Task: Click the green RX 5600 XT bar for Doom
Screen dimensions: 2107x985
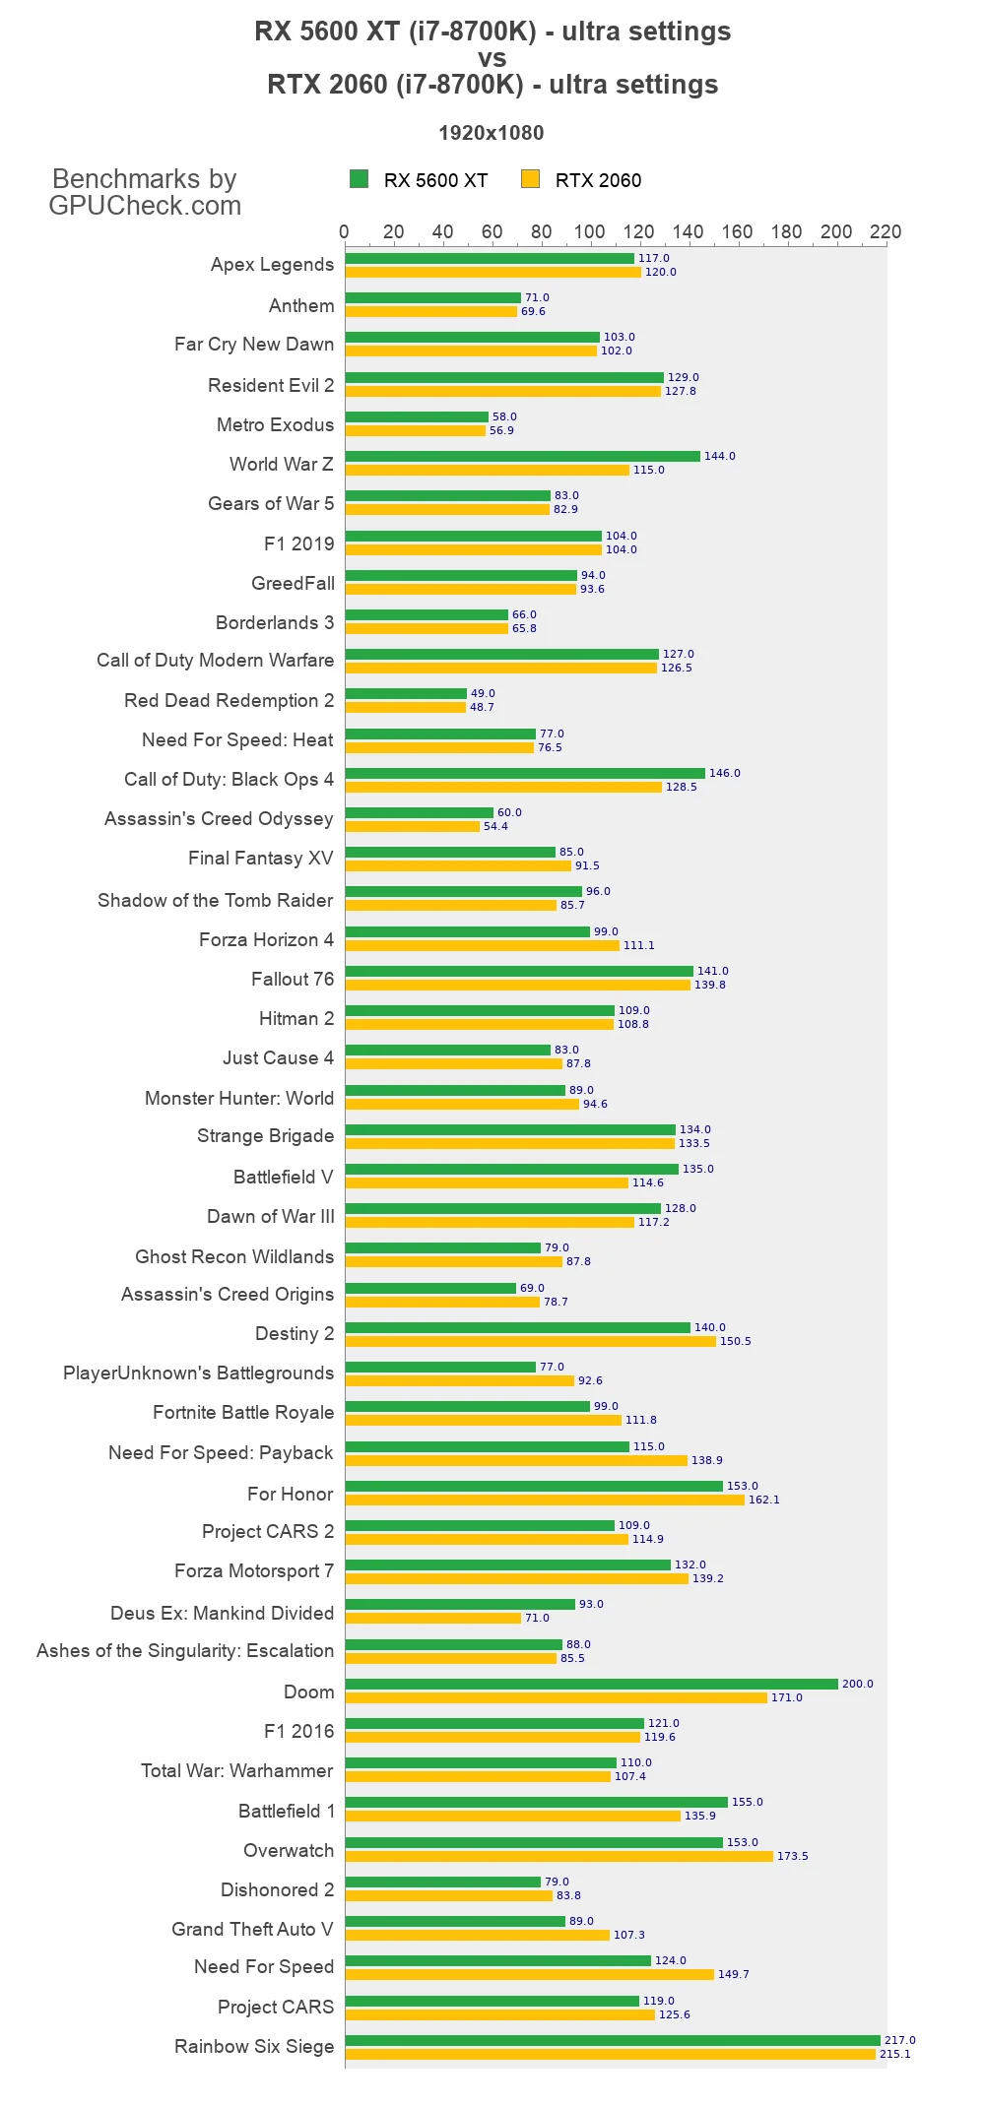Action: pyautogui.click(x=591, y=1684)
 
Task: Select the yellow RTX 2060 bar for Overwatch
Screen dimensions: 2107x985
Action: pyautogui.click(x=558, y=1856)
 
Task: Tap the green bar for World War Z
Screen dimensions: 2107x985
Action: pyautogui.click(x=522, y=456)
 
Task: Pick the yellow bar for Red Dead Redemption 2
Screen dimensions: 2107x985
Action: pyautogui.click(x=405, y=707)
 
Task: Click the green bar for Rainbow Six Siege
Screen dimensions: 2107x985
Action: pyautogui.click(x=612, y=2040)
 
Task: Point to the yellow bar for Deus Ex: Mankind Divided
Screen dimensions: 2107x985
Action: pyautogui.click(x=432, y=1618)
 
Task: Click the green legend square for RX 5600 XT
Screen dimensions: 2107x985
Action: pyautogui.click(x=359, y=178)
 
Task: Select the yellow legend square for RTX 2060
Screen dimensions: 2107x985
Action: pyautogui.click(x=530, y=178)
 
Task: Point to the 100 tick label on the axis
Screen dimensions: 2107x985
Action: pyautogui.click(x=589, y=231)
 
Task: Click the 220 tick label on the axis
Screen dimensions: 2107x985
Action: pyautogui.click(x=885, y=231)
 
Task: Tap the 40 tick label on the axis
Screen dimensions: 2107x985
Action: pyautogui.click(x=442, y=231)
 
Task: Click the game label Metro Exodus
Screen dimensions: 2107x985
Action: pyautogui.click(x=275, y=424)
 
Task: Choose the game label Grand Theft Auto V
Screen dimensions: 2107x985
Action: pyautogui.click(x=252, y=1929)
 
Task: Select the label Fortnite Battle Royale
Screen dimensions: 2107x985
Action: pyautogui.click(x=243, y=1412)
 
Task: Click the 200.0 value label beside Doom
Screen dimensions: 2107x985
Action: pyautogui.click(x=857, y=1684)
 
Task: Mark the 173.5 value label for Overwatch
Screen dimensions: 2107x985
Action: pyautogui.click(x=792, y=1856)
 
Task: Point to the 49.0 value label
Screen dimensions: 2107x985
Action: pyautogui.click(x=483, y=693)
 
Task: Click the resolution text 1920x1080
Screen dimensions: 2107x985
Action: pyautogui.click(x=491, y=133)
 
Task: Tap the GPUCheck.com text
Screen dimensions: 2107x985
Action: pyautogui.click(x=145, y=206)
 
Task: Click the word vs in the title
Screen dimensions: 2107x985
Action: pyautogui.click(x=492, y=58)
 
